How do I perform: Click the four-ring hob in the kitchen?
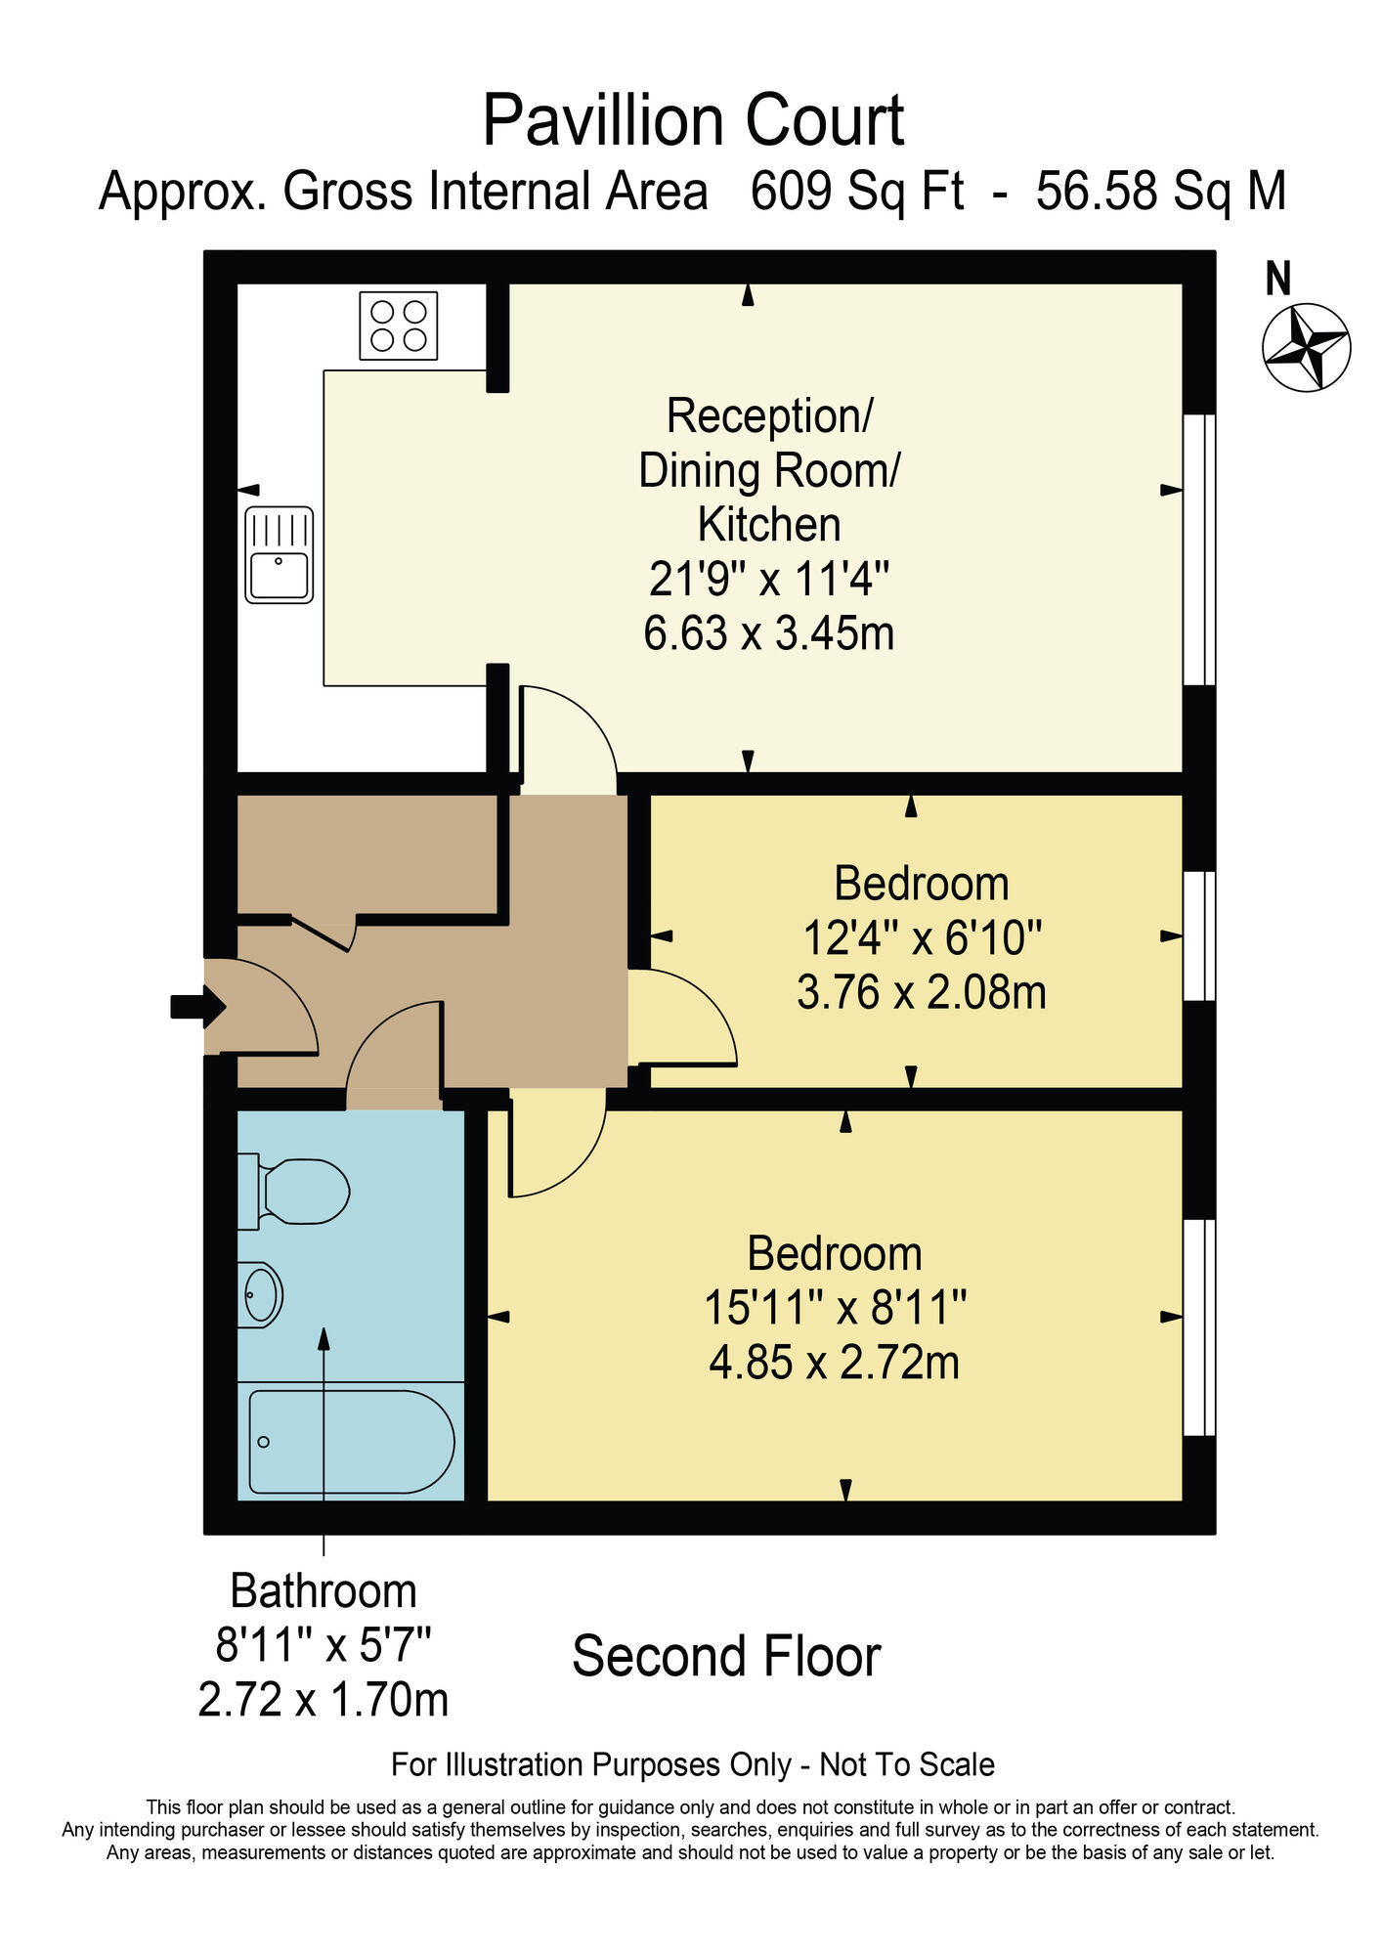[399, 326]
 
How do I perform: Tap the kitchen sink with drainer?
[280, 554]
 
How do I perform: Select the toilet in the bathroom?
[296, 1192]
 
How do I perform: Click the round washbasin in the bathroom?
[260, 1294]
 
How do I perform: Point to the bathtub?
[351, 1442]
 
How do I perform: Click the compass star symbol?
[1306, 347]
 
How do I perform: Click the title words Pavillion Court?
[693, 121]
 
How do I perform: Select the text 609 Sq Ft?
[856, 192]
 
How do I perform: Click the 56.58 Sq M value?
[1160, 192]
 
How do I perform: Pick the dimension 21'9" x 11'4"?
[769, 579]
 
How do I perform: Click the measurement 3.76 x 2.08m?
[921, 992]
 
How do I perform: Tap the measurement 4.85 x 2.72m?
[834, 1362]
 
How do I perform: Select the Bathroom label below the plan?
[324, 1591]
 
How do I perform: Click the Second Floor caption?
[726, 1656]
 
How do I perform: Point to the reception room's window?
[1199, 549]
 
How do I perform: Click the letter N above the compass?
[1277, 280]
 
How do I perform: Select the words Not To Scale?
[906, 1764]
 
